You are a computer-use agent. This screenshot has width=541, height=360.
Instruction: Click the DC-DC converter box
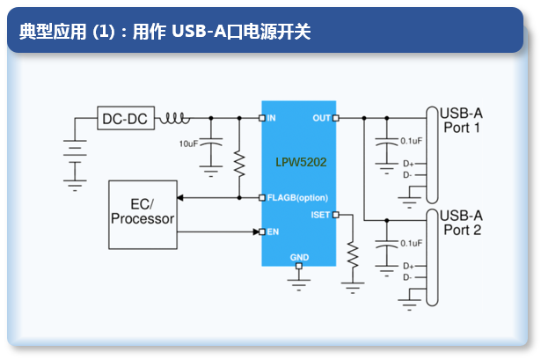[126, 118]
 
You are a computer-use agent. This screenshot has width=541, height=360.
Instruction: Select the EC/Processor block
[143, 215]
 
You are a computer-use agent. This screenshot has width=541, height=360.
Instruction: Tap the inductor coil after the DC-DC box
[174, 118]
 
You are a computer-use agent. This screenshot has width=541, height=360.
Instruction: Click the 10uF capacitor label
[188, 143]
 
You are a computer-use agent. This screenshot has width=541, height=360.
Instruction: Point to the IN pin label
[271, 118]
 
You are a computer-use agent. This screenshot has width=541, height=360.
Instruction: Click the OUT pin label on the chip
[321, 118]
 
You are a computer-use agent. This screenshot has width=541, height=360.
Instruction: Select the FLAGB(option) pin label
[297, 198]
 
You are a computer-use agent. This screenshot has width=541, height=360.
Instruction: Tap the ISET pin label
[320, 215]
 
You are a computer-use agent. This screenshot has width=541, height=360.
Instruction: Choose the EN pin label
[273, 231]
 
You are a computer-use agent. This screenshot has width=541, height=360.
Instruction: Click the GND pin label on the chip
[299, 258]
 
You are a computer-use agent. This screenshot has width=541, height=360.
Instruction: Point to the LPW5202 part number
[301, 162]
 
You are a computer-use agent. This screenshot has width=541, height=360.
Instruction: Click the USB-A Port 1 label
[461, 121]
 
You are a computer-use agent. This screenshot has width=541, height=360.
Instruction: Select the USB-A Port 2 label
[461, 223]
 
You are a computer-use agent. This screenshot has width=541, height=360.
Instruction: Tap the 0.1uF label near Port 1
[412, 141]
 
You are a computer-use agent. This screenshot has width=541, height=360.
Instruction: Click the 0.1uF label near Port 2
[412, 243]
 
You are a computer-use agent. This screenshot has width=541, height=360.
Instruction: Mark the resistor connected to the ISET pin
[353, 254]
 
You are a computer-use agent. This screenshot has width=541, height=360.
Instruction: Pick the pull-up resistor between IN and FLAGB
[239, 164]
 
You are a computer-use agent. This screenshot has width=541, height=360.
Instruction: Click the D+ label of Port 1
[408, 164]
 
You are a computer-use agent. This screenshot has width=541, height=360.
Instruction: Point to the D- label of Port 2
[407, 277]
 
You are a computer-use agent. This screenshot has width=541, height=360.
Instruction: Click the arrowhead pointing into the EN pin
[256, 231]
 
